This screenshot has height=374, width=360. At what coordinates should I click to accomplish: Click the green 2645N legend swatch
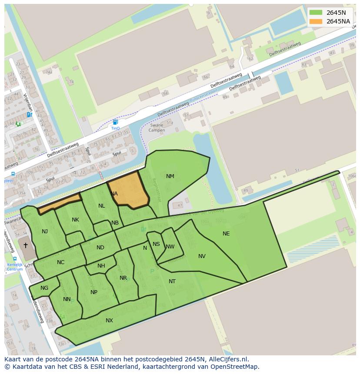(x=316, y=13)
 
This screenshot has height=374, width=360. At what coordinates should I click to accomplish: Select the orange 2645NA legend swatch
(x=316, y=21)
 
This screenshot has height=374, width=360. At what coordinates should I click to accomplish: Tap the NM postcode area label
(x=170, y=176)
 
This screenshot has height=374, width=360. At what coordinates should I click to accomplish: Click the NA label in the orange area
(x=114, y=194)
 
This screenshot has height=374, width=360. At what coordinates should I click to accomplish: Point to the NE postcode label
(x=226, y=234)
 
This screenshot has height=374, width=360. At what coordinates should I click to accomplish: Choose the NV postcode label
(x=202, y=256)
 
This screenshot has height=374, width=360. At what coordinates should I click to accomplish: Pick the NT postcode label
(x=172, y=281)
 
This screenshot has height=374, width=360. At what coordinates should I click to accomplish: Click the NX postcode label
(x=109, y=321)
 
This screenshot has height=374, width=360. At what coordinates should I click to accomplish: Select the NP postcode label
(x=94, y=292)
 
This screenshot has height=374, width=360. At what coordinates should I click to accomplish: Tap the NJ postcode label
(x=45, y=232)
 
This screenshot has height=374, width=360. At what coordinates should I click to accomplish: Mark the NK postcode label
(x=75, y=220)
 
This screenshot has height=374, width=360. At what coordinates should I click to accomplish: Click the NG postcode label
(x=44, y=288)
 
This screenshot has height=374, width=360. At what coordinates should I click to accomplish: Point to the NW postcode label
(x=170, y=247)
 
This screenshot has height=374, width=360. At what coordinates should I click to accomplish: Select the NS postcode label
(x=156, y=244)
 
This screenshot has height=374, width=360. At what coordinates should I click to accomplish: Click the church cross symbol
(x=26, y=245)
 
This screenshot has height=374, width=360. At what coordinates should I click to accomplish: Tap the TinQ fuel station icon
(x=115, y=122)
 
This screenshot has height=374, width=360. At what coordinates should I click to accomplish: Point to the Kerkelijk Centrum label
(x=15, y=267)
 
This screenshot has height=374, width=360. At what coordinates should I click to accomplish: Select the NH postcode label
(x=101, y=266)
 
